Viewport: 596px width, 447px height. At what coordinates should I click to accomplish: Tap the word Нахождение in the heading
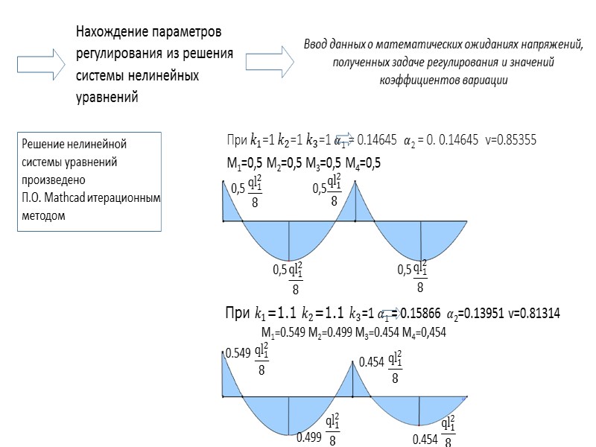110,34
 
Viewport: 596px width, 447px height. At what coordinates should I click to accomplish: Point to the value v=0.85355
510,140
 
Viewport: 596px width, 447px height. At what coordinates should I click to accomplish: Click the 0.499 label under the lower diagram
310,438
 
